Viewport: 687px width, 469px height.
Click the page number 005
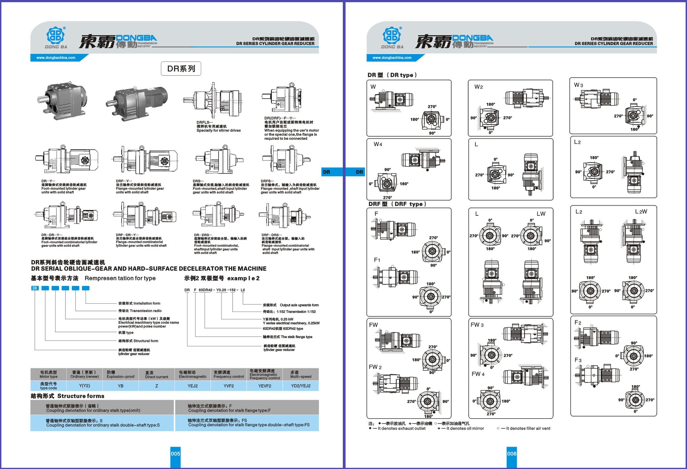[x=175, y=454]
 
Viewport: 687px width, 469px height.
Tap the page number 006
[x=512, y=454]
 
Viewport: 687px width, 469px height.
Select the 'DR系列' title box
[x=181, y=69]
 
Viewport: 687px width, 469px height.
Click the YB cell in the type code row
[x=121, y=386]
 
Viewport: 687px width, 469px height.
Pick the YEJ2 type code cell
[x=193, y=386]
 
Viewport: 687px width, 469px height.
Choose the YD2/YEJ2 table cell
[x=301, y=386]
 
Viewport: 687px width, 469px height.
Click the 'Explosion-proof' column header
[x=121, y=375]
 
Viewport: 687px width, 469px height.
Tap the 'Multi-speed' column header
[x=301, y=375]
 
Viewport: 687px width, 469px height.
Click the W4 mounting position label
[x=378, y=144]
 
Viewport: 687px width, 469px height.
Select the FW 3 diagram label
[x=477, y=325]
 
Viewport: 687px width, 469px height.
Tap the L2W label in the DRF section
[x=641, y=211]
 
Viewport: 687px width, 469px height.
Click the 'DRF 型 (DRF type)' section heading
[x=397, y=204]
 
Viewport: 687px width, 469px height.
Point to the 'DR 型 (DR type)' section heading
[x=392, y=75]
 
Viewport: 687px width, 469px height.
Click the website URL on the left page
[x=56, y=58]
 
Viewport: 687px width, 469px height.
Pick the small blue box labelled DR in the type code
[x=35, y=288]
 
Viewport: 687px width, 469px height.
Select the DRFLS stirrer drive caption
[x=218, y=126]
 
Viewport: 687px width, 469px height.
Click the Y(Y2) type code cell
[x=84, y=386]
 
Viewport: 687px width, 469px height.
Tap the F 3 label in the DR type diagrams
[x=578, y=360]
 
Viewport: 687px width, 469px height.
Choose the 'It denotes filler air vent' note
[x=526, y=428]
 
